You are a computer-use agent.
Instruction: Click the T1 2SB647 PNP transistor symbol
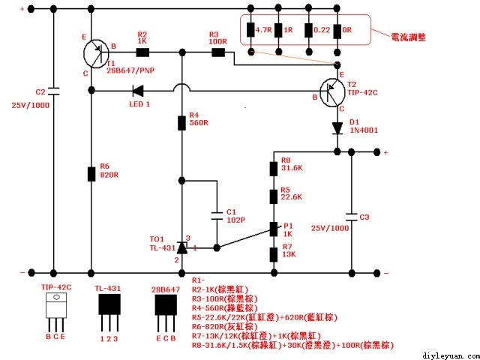[x=93, y=53]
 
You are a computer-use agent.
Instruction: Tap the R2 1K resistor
[x=142, y=52]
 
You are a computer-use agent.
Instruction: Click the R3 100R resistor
[x=218, y=52]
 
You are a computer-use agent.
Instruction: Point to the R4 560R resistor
[x=181, y=122]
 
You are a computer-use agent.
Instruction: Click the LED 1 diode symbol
[x=137, y=91]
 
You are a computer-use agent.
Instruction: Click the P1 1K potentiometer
[x=274, y=227]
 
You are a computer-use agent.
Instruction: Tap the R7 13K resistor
[x=274, y=255]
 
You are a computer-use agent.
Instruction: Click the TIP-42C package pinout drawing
[x=58, y=307]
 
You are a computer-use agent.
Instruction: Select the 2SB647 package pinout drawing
[x=166, y=308]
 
